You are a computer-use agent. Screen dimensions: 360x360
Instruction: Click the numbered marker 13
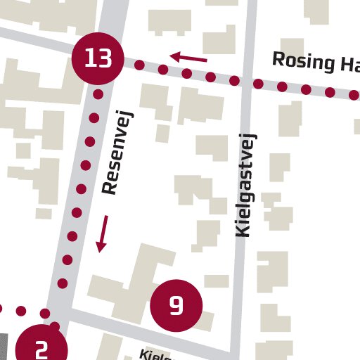pyautogui.click(x=98, y=58)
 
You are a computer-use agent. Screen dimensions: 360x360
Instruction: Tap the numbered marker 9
pyautogui.click(x=176, y=306)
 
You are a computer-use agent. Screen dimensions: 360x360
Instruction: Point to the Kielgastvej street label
pyautogui.click(x=245, y=184)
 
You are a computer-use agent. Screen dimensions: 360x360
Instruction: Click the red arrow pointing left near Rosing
pyautogui.click(x=188, y=58)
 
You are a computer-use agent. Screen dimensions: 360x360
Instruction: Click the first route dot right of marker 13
pyautogui.click(x=139, y=65)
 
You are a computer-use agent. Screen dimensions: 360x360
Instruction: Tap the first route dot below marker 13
pyautogui.click(x=98, y=94)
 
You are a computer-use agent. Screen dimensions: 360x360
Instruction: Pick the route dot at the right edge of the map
pyautogui.click(x=354, y=95)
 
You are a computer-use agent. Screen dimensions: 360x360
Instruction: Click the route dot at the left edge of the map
pyautogui.click(x=1, y=309)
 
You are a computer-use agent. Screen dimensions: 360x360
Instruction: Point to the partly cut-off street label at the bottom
pyautogui.click(x=155, y=355)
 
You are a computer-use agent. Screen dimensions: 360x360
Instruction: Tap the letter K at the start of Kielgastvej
pyautogui.click(x=243, y=230)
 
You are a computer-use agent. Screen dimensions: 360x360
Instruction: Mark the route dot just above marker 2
pyautogui.click(x=55, y=326)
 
